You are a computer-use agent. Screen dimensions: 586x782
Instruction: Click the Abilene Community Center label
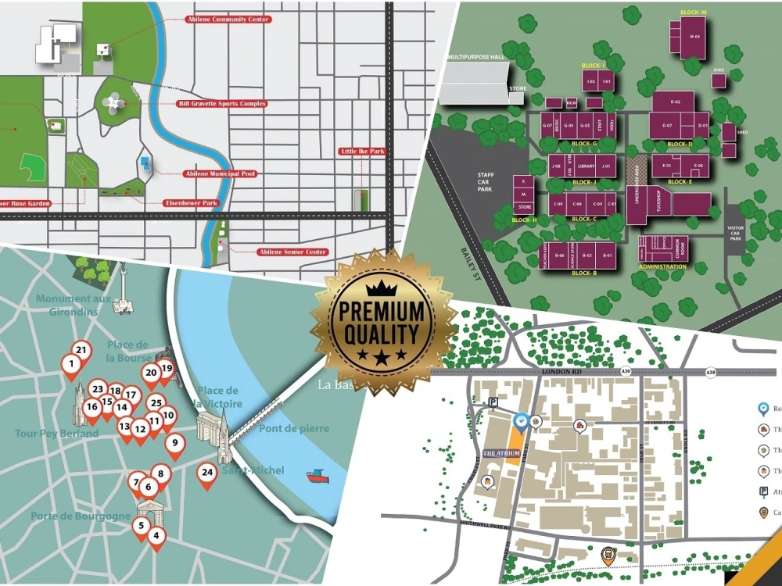coord(228,19)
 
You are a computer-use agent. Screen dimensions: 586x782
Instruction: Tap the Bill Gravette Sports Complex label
coord(223,103)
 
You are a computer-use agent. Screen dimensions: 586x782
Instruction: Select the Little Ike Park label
coord(362,151)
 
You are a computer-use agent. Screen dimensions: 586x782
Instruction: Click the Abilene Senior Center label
coord(292,252)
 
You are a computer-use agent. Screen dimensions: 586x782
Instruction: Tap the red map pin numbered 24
coord(206,473)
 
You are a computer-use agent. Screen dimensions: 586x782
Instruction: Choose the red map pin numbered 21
coord(81,350)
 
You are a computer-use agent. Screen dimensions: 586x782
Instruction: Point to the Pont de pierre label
coord(294,428)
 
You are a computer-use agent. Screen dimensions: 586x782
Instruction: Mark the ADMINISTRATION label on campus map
coord(662,266)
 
